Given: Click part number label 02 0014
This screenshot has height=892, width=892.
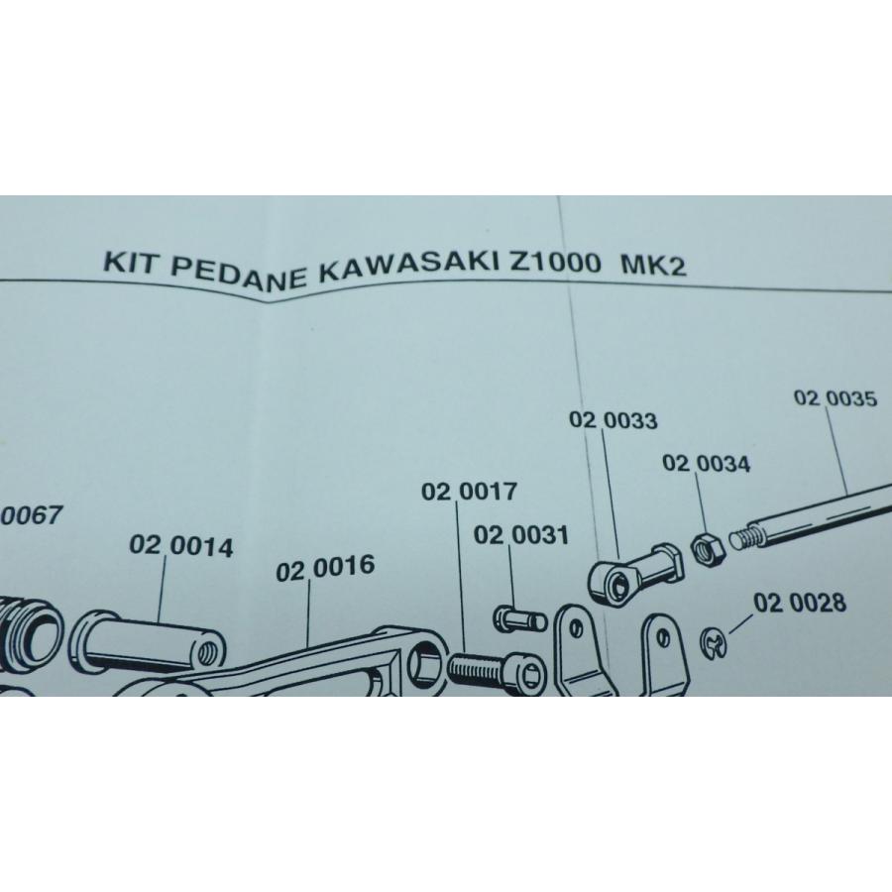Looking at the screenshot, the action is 181,547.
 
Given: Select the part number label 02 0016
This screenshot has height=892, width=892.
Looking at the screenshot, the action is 326,569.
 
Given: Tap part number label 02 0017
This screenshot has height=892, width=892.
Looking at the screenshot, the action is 468,492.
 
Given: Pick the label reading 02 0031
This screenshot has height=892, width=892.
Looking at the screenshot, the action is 521,536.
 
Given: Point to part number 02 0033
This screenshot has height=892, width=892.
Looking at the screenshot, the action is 613,420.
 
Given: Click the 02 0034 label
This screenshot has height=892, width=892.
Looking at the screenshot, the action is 707,463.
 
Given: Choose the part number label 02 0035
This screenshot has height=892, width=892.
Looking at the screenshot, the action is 836,398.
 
